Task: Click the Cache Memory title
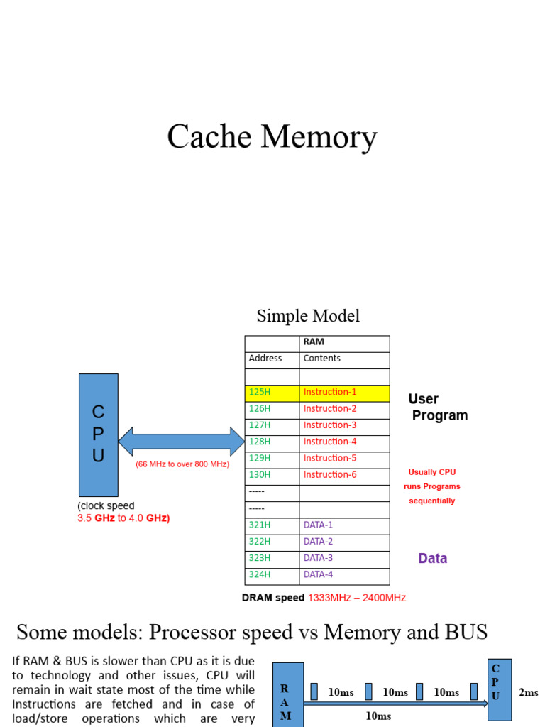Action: (272, 137)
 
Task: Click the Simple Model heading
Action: (308, 316)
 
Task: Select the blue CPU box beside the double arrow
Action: (98, 434)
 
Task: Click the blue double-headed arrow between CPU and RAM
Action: (181, 441)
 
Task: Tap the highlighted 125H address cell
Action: (272, 393)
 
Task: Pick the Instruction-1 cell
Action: (345, 393)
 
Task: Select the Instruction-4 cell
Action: (345, 442)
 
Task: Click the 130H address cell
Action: (272, 475)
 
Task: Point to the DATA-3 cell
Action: (345, 559)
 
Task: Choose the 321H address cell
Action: (272, 525)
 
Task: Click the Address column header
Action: (272, 359)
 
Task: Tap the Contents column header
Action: (345, 359)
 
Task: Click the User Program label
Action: (437, 407)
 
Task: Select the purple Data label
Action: (432, 559)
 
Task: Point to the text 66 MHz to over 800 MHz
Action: (182, 464)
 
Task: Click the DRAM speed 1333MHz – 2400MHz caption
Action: (324, 598)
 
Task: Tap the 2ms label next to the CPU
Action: (528, 692)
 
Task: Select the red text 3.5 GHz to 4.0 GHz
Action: (123, 518)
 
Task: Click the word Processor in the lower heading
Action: (233, 632)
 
